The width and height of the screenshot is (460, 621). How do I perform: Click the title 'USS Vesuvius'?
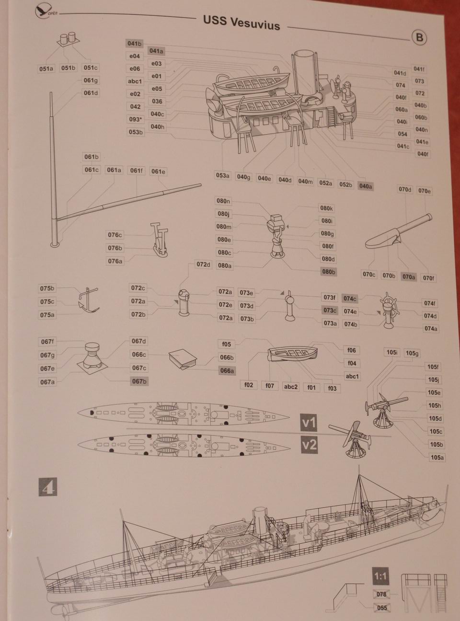[241, 23]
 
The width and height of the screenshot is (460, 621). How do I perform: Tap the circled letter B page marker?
[419, 37]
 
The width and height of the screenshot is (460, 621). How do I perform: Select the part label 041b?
[134, 44]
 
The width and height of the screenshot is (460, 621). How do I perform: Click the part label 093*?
[136, 119]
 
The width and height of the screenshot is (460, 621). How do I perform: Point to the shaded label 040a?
[366, 186]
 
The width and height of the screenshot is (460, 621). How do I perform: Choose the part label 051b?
[69, 68]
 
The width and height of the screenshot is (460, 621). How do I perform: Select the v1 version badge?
[309, 423]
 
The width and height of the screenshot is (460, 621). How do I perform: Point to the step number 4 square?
[47, 487]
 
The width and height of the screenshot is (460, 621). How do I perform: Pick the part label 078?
[381, 594]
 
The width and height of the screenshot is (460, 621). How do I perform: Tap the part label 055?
[382, 608]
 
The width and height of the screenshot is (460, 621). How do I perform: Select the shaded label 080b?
[329, 272]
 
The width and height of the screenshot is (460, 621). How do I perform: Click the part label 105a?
[437, 458]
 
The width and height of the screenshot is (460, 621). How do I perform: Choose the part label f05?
[227, 344]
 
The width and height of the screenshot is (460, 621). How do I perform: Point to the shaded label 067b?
[139, 381]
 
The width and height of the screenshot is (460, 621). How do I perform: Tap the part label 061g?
[91, 80]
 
